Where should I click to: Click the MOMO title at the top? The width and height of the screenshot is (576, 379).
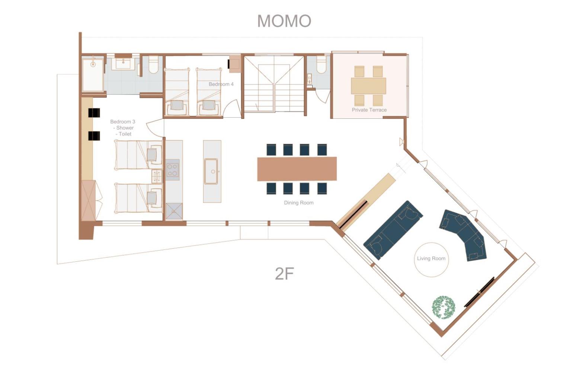pos(284,21)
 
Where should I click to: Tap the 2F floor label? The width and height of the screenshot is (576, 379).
pos(284,274)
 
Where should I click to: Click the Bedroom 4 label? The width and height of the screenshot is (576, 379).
pos(221,84)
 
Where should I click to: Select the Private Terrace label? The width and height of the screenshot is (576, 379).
pos(369,110)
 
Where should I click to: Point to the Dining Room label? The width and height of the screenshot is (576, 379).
pos(298,203)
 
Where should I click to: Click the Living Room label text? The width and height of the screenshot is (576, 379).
pos(431,258)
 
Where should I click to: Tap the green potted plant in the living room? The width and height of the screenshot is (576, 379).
pos(444,307)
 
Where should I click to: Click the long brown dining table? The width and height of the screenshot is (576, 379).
pos(297,169)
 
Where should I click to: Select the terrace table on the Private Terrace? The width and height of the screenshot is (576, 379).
pos(368,86)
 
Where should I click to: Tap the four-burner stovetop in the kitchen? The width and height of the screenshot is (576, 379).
pos(173,169)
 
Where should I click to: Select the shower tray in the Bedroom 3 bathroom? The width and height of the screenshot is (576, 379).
pos(93,74)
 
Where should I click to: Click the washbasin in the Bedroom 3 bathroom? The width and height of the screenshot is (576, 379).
pos(124,63)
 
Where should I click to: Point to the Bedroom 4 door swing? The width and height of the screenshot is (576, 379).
pos(231,109)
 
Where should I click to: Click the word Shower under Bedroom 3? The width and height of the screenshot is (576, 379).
pos(125,128)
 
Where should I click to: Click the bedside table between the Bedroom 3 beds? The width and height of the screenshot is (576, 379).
pos(156,176)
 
